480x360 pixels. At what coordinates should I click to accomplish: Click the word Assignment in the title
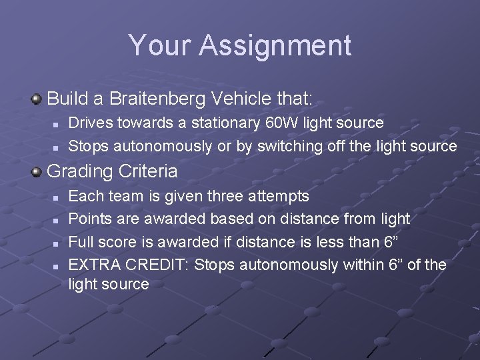(275, 46)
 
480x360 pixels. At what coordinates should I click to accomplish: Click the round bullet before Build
(37, 100)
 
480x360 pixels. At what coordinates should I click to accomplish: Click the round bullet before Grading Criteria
(37, 171)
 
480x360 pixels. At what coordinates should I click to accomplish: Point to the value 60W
(300, 123)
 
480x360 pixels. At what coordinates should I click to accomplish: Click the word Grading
(79, 172)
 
